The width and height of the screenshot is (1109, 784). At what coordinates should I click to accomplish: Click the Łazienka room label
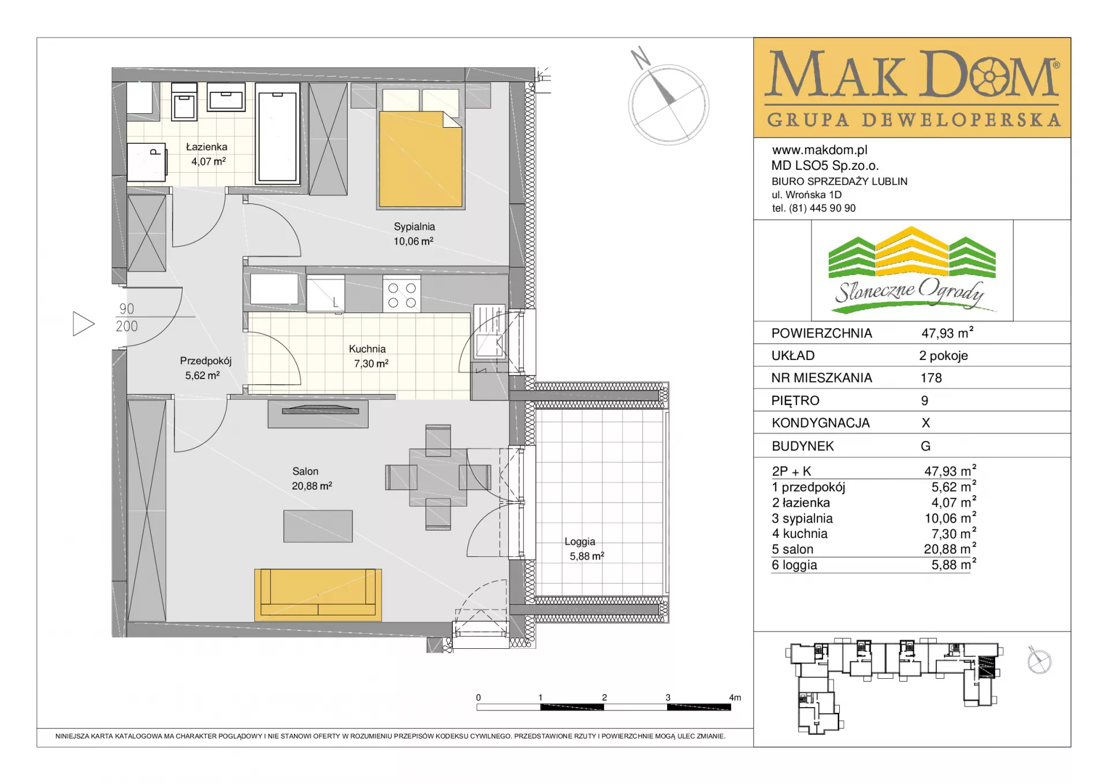point(206,147)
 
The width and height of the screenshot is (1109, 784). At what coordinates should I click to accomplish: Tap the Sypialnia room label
point(414,227)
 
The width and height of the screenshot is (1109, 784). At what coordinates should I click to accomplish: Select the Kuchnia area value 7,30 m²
point(371,364)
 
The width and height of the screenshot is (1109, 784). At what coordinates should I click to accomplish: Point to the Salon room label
point(305,471)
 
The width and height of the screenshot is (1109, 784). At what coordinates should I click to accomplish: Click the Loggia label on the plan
point(580,542)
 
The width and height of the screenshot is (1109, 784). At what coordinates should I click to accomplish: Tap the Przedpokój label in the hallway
point(206,361)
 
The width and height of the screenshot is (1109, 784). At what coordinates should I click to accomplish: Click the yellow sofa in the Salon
point(318,594)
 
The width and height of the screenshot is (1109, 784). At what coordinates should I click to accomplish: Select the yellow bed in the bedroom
point(420,159)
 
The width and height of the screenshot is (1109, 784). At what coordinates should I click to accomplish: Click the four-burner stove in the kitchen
point(402,295)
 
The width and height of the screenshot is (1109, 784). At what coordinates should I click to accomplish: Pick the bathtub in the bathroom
point(277,133)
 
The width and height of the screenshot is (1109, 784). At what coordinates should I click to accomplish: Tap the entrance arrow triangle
point(83,324)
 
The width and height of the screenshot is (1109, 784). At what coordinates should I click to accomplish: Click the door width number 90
point(126,309)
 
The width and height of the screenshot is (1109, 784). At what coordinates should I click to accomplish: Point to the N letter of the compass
point(640,58)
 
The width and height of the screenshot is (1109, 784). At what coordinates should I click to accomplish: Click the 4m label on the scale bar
point(735,697)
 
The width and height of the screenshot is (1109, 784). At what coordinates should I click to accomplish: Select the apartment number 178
point(931,378)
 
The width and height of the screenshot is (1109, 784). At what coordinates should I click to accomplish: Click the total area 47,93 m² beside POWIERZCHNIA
point(947,333)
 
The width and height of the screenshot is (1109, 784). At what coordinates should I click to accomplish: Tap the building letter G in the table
point(925,446)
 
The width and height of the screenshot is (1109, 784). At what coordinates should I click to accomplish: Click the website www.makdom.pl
point(820,150)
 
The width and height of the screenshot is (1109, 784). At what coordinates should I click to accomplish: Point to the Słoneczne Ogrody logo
point(911,270)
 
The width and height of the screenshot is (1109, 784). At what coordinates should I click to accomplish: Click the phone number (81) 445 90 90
point(822,208)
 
